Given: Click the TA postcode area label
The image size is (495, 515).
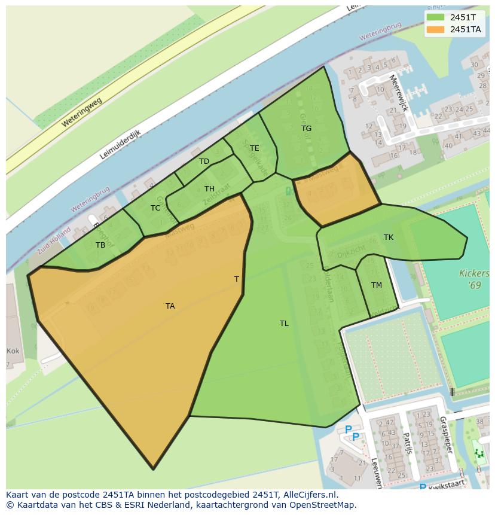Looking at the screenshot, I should [170, 306].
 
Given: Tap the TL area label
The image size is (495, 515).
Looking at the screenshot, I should [284, 324].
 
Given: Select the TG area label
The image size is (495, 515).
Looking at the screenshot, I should [306, 129].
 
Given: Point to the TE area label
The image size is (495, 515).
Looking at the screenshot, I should [255, 148].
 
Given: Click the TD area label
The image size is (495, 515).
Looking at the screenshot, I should [204, 161].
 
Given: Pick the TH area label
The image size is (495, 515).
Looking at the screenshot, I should [209, 189].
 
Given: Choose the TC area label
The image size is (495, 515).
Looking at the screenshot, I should [155, 208].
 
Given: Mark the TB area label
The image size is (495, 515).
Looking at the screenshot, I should [100, 245].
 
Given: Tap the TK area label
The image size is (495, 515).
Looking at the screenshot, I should [389, 237].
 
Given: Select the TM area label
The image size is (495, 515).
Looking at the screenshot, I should [376, 285].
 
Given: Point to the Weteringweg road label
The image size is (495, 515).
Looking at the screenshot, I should [82, 112].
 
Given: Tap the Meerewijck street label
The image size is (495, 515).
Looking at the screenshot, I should [398, 93].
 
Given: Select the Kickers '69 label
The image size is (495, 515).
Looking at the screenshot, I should [473, 279].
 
